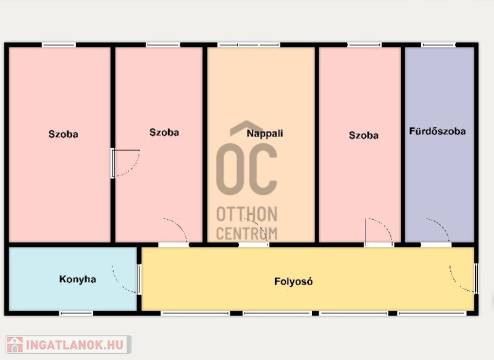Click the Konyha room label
pos(78,279)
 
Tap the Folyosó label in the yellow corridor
pos(293,281)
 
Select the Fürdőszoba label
pos(437,131)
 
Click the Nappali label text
pos(265,133)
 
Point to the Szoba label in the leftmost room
pos(63,134)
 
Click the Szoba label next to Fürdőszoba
pos(364,135)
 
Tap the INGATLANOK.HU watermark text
pos(75,345)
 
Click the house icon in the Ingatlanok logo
pos(15,345)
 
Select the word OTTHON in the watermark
pos(246,214)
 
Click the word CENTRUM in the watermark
pos(246,233)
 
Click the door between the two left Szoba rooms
pos(125,163)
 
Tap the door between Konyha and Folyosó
pos(127,279)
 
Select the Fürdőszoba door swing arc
pos(438,230)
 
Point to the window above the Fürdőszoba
pos(438,45)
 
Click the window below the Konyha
pos(76,314)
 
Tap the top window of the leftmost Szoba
pos(59,45)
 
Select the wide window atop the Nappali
pos(249,45)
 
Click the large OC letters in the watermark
pos(246,169)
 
